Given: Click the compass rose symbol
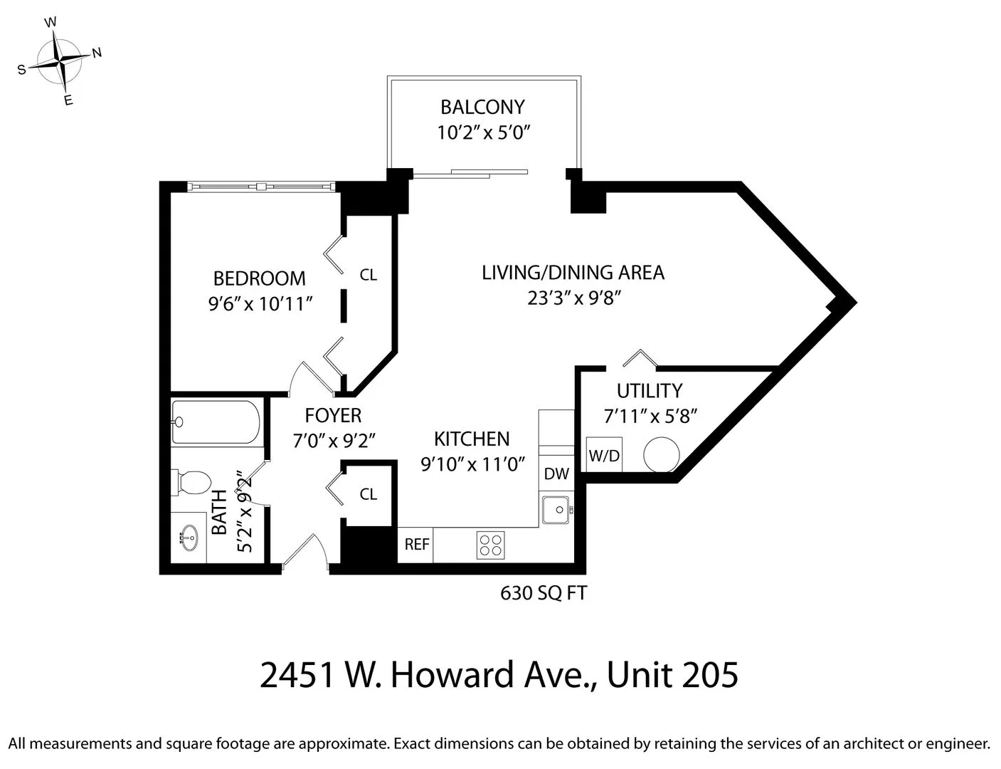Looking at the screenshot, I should click(x=61, y=61).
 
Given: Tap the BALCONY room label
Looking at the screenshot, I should click(x=482, y=107).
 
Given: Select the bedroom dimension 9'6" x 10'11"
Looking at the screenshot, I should click(x=260, y=305).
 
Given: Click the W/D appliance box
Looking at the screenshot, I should click(x=604, y=456).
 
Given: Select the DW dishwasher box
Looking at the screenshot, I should click(x=556, y=474).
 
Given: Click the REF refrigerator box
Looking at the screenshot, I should click(x=416, y=545).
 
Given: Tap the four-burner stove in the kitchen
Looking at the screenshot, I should click(x=490, y=545).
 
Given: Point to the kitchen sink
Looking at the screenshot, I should click(x=555, y=510).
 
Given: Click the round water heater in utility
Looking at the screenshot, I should click(x=662, y=454).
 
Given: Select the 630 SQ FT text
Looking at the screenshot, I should click(x=544, y=593).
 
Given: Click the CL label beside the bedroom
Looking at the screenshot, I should click(x=368, y=275).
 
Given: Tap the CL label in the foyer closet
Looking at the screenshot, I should click(x=368, y=494).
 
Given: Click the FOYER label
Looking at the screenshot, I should click(x=333, y=415).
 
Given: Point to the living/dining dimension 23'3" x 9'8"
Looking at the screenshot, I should click(x=575, y=298).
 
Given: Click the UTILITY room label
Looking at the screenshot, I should click(x=649, y=391).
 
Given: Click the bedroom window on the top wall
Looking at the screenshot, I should click(x=261, y=187).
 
